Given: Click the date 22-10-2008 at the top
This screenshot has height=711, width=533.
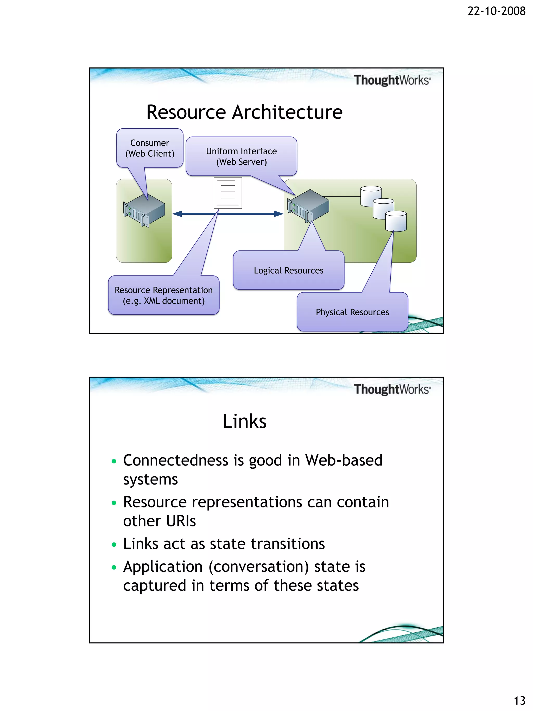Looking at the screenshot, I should [x=496, y=11].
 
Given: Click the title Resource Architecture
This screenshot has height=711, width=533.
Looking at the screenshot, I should [x=244, y=112].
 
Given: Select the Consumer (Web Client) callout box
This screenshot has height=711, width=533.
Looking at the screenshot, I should [x=150, y=148].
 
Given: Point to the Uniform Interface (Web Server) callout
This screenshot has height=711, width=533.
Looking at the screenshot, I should [x=241, y=156].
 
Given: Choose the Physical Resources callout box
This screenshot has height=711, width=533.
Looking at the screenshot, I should [x=352, y=312].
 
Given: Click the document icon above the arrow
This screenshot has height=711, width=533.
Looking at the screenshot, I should [x=228, y=193].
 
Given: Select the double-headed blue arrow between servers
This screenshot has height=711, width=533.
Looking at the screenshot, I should [x=228, y=214].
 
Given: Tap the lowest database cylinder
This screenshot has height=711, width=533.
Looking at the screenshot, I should [x=396, y=221].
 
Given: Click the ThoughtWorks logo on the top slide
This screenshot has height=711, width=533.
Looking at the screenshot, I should [x=392, y=80].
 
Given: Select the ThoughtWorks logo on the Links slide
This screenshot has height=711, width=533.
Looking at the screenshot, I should [x=392, y=389].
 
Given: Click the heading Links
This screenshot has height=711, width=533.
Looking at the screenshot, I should [x=244, y=421].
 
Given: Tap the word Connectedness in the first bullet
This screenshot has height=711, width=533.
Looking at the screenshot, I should [x=176, y=460].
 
